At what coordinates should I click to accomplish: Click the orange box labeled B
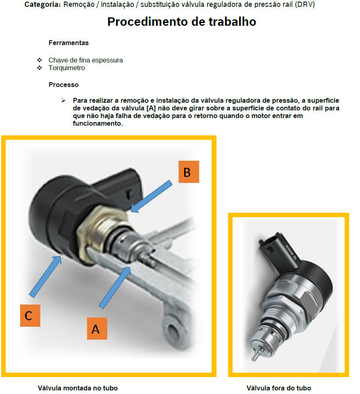[189, 172]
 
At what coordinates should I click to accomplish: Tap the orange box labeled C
[30, 315]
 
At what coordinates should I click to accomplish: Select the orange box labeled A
[97, 328]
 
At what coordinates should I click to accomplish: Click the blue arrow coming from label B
[151, 197]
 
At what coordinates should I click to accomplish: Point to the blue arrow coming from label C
[46, 276]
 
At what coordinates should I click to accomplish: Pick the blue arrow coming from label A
[115, 287]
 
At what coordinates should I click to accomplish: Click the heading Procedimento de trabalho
[181, 22]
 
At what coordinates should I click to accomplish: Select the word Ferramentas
[69, 43]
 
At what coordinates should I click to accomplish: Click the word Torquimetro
[67, 68]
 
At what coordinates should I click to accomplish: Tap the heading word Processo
[64, 85]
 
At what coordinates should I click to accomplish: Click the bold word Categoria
[43, 4]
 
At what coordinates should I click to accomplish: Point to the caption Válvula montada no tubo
[78, 388]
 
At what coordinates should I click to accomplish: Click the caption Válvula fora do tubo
[279, 388]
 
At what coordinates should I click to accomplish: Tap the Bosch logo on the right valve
[291, 251]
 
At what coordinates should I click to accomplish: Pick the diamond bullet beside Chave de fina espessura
[40, 60]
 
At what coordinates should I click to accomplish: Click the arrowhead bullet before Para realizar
[64, 100]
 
